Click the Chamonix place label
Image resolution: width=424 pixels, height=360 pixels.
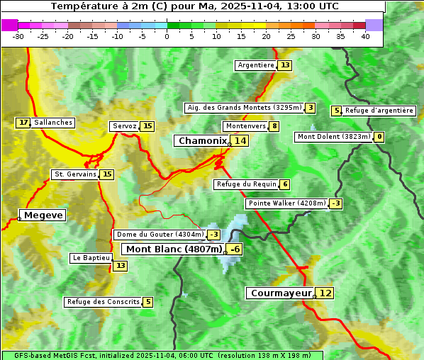pyautogui.click(x=202, y=141)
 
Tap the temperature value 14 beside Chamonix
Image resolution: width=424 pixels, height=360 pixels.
pyautogui.click(x=241, y=141)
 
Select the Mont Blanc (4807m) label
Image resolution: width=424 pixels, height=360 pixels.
pyautogui.click(x=174, y=249)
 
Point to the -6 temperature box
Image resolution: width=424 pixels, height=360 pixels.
pyautogui.click(x=235, y=249)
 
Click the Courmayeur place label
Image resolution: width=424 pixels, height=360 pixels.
pyautogui.click(x=281, y=293)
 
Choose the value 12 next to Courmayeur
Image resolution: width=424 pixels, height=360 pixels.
pyautogui.click(x=325, y=293)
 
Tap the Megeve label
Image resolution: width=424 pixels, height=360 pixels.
pyautogui.click(x=43, y=215)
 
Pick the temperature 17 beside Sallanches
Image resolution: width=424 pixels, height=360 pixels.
pyautogui.click(x=23, y=123)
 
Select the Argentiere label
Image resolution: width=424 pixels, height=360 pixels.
pyautogui.click(x=256, y=65)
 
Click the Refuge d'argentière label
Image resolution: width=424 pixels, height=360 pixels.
pyautogui.click(x=379, y=111)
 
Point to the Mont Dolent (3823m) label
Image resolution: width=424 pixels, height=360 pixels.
pyautogui.click(x=333, y=137)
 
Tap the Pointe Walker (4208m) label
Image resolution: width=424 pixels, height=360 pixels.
pyautogui.click(x=286, y=203)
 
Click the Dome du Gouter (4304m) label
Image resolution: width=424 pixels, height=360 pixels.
pyautogui.click(x=160, y=235)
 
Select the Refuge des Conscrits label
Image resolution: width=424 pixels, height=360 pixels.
pyautogui.click(x=104, y=302)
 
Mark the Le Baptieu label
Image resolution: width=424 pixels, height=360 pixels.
pyautogui.click(x=91, y=258)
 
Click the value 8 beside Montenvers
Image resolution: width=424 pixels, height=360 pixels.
pyautogui.click(x=274, y=126)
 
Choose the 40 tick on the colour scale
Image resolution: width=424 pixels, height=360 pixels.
pyautogui.click(x=365, y=36)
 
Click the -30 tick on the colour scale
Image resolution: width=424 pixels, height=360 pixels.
pyautogui.click(x=18, y=36)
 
